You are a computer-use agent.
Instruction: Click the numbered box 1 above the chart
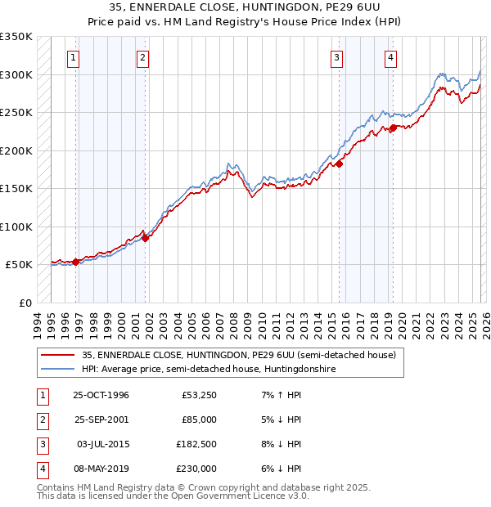(x=74, y=57)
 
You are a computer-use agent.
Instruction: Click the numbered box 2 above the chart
(x=142, y=57)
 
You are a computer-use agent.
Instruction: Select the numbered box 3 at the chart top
(x=336, y=57)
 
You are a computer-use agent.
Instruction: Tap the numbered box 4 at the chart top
(x=391, y=57)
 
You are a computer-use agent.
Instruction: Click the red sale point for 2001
(x=145, y=238)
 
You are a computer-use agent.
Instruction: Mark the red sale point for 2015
(x=339, y=164)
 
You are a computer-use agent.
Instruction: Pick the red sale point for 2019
(x=393, y=128)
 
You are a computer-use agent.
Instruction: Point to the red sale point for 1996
(x=76, y=262)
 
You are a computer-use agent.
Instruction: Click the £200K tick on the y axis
(x=16, y=150)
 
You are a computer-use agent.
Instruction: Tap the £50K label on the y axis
(x=19, y=265)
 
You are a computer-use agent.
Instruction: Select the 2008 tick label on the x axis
(x=236, y=324)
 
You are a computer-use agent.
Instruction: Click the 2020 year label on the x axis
(x=403, y=324)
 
